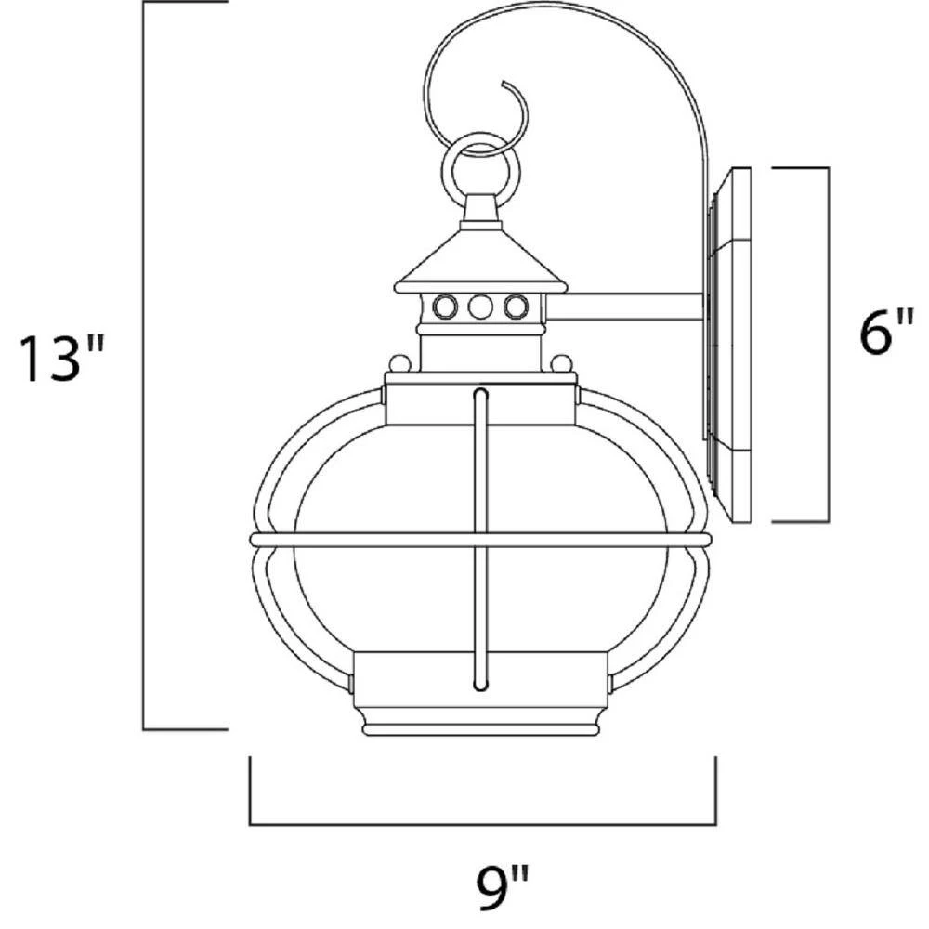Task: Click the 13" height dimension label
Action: (x=61, y=358)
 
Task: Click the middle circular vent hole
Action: (x=480, y=307)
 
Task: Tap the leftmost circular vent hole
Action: (x=444, y=307)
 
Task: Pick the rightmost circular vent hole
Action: (x=516, y=307)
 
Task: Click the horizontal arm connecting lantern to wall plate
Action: (x=625, y=307)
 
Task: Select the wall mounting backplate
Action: (x=728, y=345)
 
